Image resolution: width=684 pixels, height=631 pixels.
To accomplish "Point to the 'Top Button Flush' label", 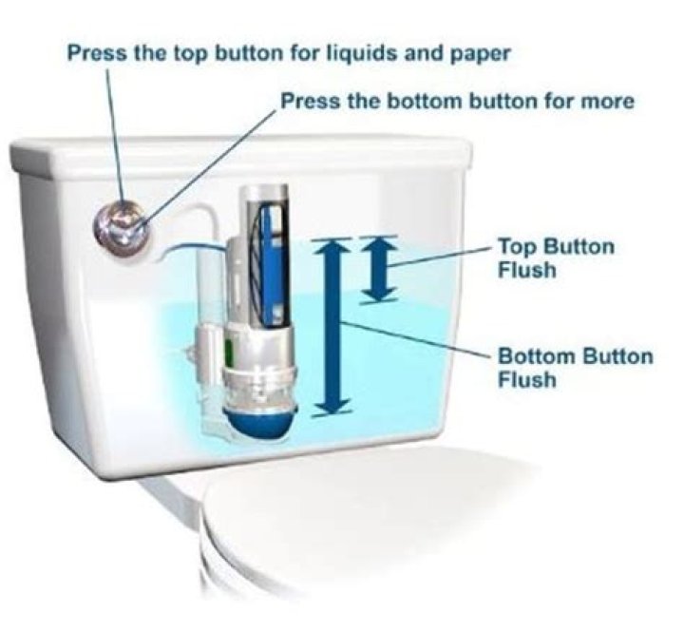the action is [556, 258].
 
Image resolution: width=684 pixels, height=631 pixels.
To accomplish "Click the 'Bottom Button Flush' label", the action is [576, 368].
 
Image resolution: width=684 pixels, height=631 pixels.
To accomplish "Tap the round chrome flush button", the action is [122, 228].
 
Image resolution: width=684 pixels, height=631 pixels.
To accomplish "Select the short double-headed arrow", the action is [378, 269].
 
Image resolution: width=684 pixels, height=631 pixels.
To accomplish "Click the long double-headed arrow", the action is [332, 327].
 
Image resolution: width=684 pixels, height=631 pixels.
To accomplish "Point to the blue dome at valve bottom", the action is [262, 423].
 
